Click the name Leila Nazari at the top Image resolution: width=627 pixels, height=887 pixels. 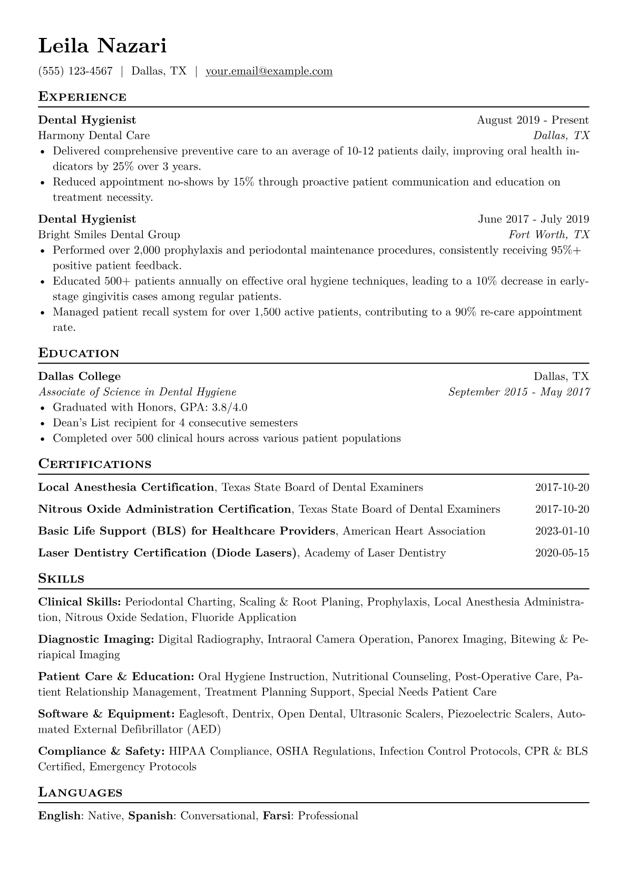[102, 46]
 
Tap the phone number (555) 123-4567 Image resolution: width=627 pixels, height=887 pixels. [75, 71]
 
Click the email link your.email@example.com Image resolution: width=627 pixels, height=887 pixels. [269, 71]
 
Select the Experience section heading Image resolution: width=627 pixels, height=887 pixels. [82, 97]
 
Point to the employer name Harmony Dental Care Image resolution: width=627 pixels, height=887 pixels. [94, 135]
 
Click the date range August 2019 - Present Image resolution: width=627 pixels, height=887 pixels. [533, 120]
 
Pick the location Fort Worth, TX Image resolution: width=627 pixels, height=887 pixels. [549, 235]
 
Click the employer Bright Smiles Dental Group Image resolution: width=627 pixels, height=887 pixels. [109, 235]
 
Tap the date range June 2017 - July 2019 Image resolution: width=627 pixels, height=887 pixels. [533, 219]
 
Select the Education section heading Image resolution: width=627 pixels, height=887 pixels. [79, 354]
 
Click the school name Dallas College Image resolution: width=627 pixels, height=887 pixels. [80, 376]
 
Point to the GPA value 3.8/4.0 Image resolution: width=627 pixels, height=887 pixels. [229, 407]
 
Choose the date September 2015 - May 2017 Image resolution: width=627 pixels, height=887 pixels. [519, 392]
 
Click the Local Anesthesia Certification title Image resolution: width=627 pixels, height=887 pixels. [126, 488]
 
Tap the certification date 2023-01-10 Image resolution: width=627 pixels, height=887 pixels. [562, 531]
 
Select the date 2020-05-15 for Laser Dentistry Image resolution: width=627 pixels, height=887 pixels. [562, 553]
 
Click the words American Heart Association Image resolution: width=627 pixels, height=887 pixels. [414, 531]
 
